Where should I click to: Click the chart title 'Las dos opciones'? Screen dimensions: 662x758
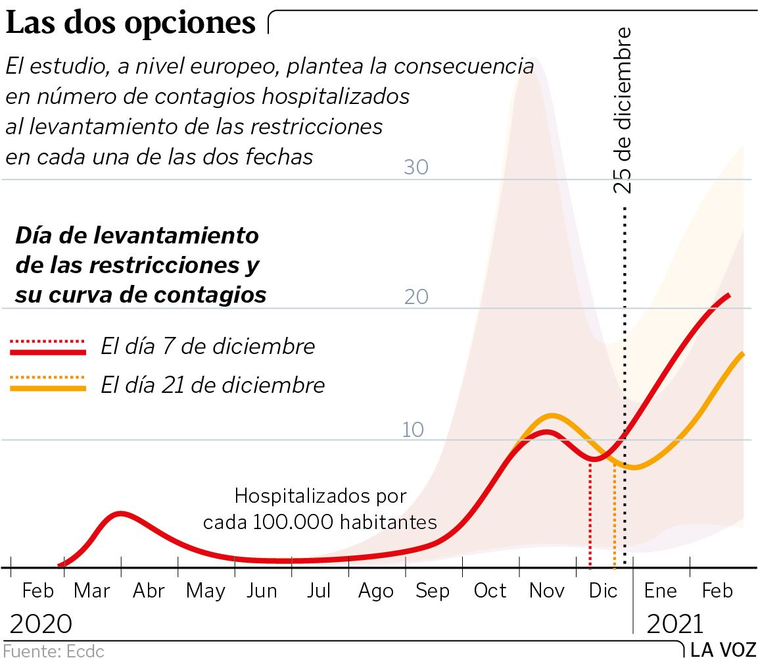click(x=131, y=24)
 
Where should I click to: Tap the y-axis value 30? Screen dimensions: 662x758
click(x=416, y=167)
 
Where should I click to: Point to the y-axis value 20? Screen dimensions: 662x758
click(x=416, y=297)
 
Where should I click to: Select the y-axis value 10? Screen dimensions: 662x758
click(x=414, y=430)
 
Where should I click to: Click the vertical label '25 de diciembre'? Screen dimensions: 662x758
click(x=623, y=110)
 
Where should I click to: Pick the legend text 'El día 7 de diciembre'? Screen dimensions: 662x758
click(x=208, y=346)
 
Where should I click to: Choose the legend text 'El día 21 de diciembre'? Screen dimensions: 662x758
click(x=213, y=385)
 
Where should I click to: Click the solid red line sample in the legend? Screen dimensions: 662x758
click(x=48, y=352)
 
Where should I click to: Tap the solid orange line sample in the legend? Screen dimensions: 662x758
click(x=48, y=388)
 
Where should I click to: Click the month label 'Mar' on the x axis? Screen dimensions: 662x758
click(x=92, y=590)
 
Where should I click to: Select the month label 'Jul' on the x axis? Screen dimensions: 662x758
click(x=319, y=590)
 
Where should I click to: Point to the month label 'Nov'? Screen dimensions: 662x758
click(x=547, y=590)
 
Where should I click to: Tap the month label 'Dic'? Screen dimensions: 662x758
click(x=604, y=590)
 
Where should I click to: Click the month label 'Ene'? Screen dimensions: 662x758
click(x=660, y=590)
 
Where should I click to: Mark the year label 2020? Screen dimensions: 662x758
click(x=41, y=623)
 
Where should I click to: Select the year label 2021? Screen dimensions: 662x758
click(x=675, y=623)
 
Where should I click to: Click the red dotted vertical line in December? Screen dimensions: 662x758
click(x=590, y=513)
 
